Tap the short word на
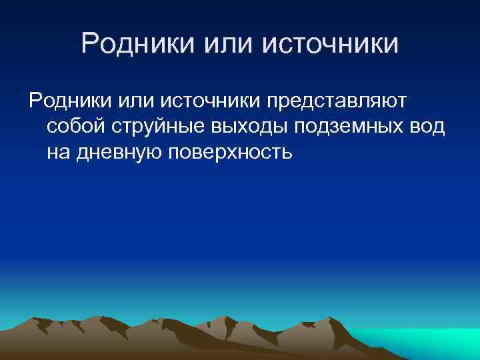coord(58,152)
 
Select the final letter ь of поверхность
coord(287,152)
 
